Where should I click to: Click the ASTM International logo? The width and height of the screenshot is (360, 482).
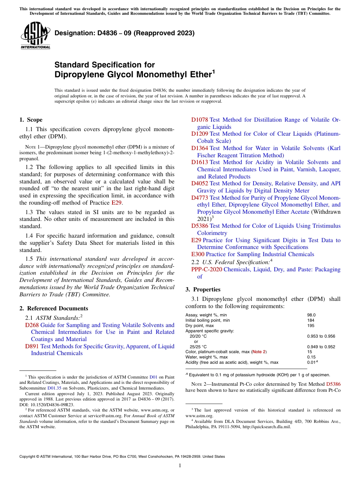point(35,36)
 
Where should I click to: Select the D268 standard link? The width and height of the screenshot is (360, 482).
point(32,325)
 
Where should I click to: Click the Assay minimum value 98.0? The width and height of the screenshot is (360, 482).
point(311,315)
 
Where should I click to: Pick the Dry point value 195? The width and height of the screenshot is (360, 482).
point(310,326)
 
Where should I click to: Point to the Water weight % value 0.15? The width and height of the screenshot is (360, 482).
point(311,357)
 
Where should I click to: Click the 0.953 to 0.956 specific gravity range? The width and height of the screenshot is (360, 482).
point(321,336)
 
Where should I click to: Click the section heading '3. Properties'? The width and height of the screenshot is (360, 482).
point(203,290)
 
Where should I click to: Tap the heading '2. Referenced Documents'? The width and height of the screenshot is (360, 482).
point(54,308)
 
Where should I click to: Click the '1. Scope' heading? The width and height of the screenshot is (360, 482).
point(31,120)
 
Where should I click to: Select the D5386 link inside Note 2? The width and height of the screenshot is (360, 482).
point(333,384)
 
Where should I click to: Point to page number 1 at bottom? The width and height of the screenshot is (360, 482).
point(180,465)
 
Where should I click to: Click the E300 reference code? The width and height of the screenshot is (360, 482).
point(197,254)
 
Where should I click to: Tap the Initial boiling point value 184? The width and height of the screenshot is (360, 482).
point(310,320)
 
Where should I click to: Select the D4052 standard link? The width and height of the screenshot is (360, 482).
point(199,183)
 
